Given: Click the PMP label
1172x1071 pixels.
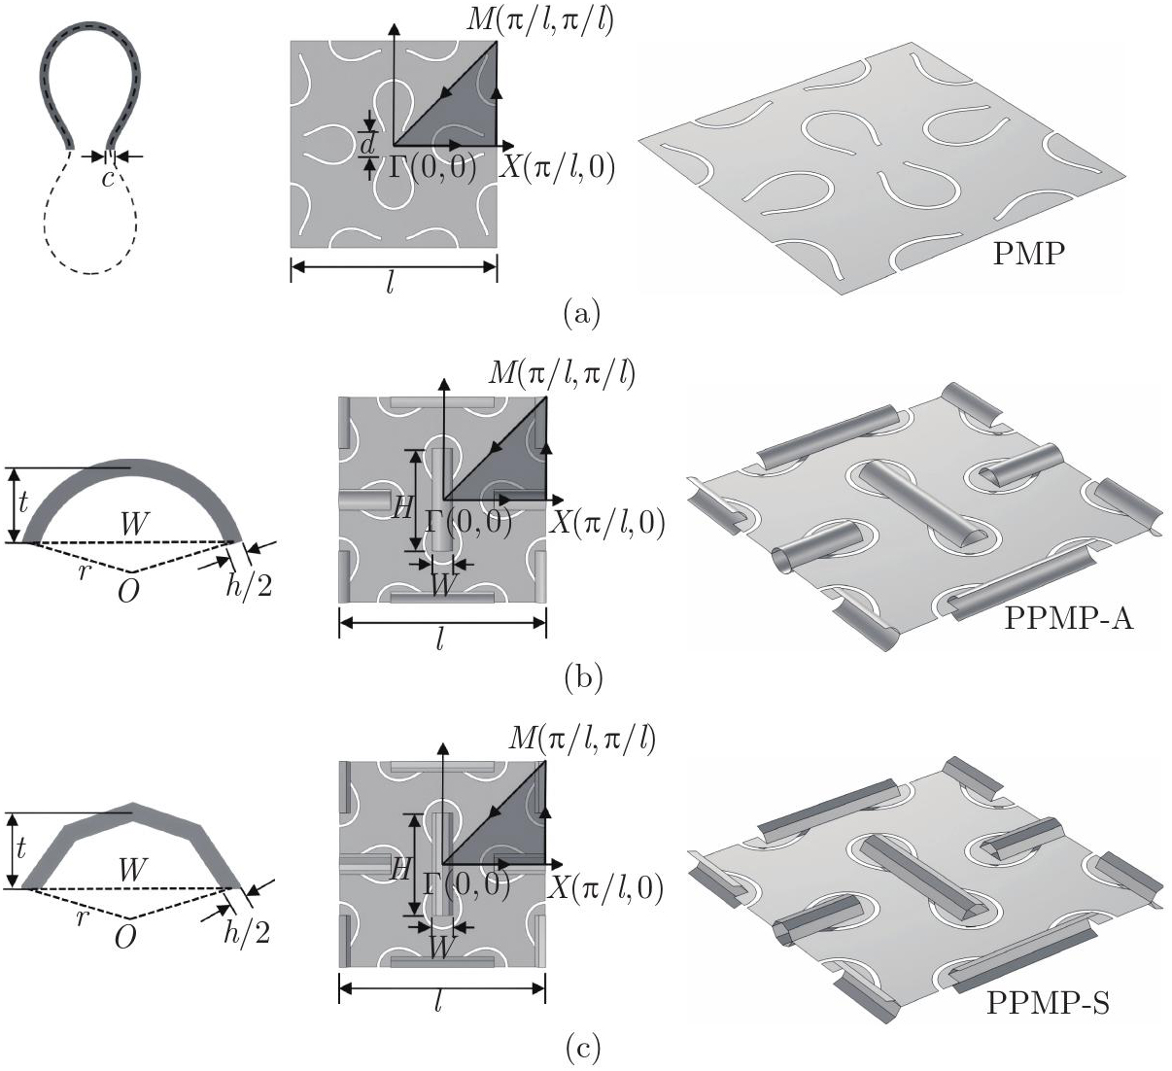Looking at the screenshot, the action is pyautogui.click(x=1029, y=254).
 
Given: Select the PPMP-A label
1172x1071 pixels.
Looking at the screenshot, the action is pyautogui.click(x=1069, y=617).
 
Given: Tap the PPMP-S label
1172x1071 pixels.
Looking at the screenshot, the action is pyautogui.click(x=1048, y=1003).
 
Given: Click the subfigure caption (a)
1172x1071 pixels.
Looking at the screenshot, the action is pyautogui.click(x=582, y=313).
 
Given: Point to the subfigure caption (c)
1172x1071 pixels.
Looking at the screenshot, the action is pyautogui.click(x=583, y=1049).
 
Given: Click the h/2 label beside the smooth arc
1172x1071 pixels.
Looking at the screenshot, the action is pyautogui.click(x=249, y=586).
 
